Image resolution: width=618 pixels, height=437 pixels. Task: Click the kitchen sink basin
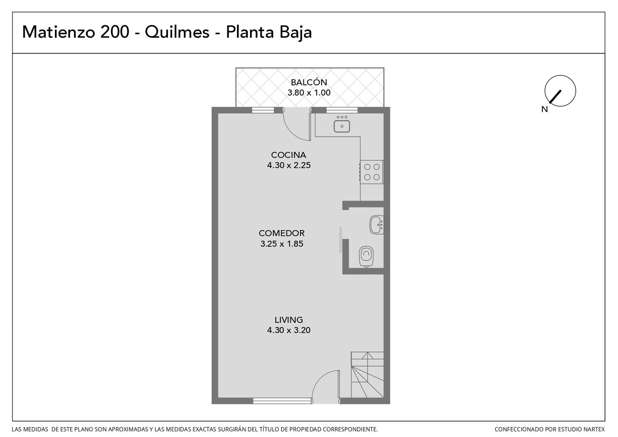(342, 126)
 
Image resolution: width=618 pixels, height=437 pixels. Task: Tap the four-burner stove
(372, 172)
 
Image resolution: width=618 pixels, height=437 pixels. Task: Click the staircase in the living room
(367, 375)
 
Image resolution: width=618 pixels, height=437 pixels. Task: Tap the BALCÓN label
(309, 82)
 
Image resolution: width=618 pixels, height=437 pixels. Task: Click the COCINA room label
(289, 155)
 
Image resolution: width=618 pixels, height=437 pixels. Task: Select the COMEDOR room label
(281, 233)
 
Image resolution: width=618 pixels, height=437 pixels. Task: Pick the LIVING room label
(289, 320)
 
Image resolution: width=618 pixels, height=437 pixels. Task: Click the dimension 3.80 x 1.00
(309, 93)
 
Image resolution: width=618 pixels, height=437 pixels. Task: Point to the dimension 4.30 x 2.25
(289, 165)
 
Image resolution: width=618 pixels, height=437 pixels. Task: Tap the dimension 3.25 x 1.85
(281, 244)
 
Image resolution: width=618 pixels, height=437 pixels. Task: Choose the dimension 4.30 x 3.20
(289, 330)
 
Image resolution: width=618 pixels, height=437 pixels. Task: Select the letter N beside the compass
(544, 109)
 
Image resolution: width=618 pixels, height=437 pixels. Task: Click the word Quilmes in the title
(177, 32)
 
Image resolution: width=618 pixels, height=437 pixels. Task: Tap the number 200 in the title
(114, 32)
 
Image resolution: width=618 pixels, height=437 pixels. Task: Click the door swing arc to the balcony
(293, 132)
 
